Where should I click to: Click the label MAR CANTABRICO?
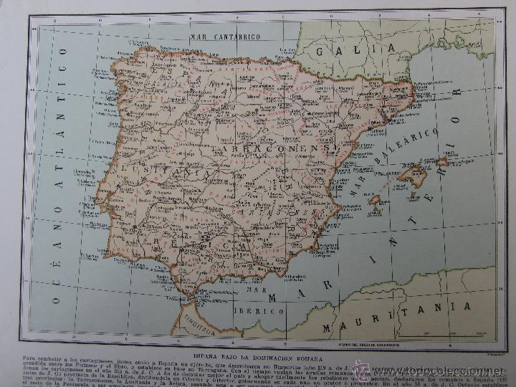pos(226,36)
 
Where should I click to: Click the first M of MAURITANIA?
pos(328,330)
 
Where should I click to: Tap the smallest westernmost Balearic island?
pos(374,200)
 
